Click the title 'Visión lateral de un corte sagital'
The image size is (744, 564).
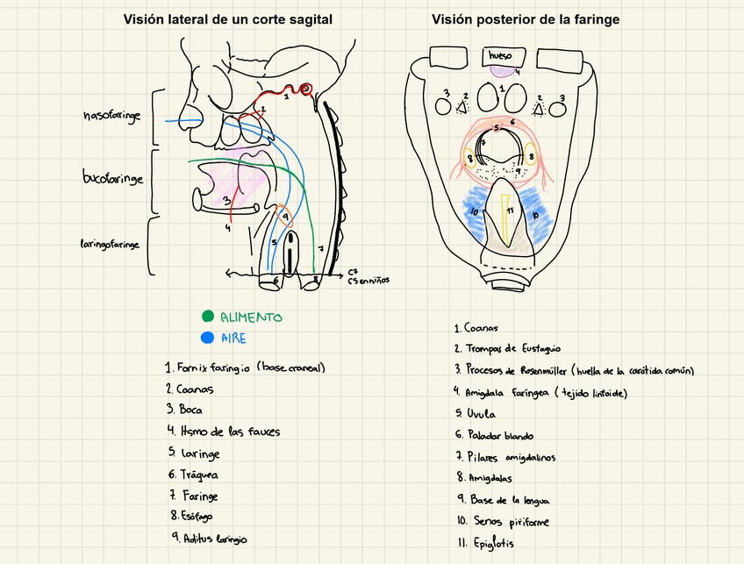tap(227, 19)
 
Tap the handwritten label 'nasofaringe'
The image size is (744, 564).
tap(111, 116)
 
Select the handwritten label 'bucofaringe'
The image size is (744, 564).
tap(112, 179)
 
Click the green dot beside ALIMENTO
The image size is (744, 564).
tap(207, 317)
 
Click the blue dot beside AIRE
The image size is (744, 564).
tap(207, 338)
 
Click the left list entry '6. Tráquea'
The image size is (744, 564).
tap(192, 475)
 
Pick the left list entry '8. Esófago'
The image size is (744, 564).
tap(191, 516)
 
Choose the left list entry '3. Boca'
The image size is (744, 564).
tap(184, 410)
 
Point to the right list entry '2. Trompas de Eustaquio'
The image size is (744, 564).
tap(507, 348)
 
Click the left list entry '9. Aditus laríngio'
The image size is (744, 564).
tap(210, 538)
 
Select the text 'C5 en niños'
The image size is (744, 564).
tap(368, 281)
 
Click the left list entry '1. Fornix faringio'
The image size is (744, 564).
tap(244, 368)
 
